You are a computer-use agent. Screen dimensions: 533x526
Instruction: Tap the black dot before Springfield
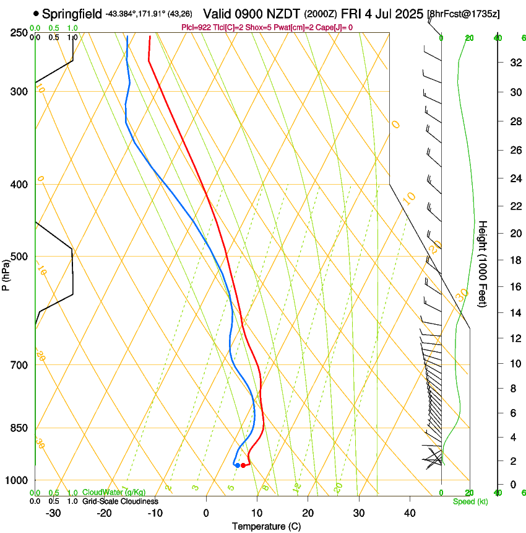36,13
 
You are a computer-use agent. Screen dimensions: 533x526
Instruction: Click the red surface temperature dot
243,465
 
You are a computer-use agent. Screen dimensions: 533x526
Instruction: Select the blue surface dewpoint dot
237,465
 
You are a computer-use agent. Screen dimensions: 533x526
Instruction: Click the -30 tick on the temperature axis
53,513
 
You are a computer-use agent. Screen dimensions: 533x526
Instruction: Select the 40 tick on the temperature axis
410,513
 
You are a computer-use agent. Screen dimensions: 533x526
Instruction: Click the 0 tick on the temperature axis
206,513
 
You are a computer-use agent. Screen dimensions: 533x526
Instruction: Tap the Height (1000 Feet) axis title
483,264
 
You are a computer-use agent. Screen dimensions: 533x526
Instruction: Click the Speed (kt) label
470,501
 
